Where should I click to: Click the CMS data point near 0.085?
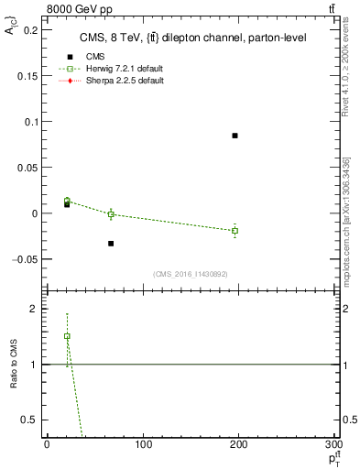pos(235,136)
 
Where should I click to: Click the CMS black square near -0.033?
pos(111,244)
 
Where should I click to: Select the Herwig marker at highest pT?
pos(235,231)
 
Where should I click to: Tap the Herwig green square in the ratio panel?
pos(67,336)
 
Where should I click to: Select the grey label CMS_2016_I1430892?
pos(190,274)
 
